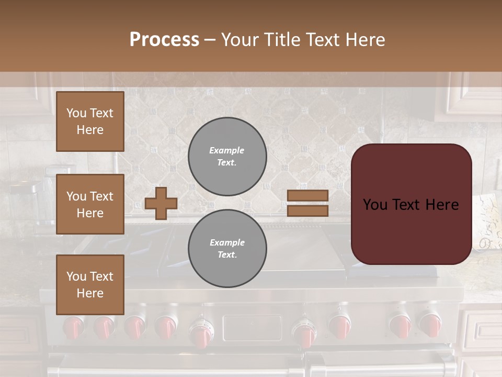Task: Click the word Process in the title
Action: click(164, 40)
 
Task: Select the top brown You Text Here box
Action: click(90, 121)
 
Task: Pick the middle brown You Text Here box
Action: click(90, 204)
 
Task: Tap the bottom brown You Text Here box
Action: click(90, 284)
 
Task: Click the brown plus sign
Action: click(161, 203)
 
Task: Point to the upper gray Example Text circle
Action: click(227, 156)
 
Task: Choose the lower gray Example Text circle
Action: click(227, 248)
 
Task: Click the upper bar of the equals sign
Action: click(307, 196)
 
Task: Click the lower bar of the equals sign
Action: click(307, 210)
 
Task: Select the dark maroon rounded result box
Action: click(411, 204)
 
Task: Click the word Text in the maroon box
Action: click(410, 204)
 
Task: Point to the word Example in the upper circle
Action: click(227, 150)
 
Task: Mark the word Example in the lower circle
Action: click(227, 242)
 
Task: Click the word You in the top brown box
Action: click(76, 113)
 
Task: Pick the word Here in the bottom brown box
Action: click(90, 293)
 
